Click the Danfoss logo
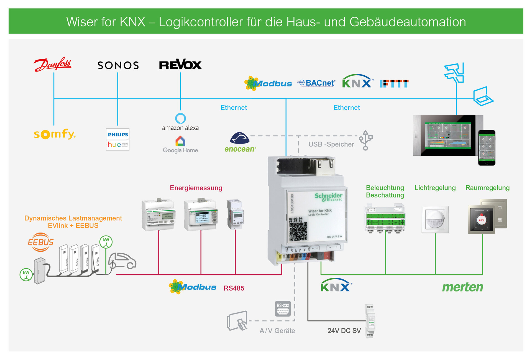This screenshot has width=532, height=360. (x=53, y=64)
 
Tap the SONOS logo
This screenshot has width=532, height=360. (x=118, y=65)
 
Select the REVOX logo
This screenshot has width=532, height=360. (x=180, y=65)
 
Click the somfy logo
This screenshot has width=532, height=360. (x=54, y=134)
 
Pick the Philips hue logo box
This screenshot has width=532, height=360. (x=118, y=139)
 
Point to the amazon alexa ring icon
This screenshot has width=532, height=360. (x=180, y=118)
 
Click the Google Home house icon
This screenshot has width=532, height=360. (x=180, y=141)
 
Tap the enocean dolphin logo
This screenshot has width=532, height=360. (x=240, y=138)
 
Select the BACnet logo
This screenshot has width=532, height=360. (x=316, y=83)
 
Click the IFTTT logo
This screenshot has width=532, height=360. (x=394, y=83)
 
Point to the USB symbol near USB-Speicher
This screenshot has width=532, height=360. (x=365, y=140)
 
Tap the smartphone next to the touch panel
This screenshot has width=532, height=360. (x=487, y=148)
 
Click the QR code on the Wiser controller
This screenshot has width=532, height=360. (x=298, y=231)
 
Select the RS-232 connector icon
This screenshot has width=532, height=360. (x=283, y=309)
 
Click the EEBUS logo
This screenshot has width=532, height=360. (x=41, y=242)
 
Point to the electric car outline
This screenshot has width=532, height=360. (x=122, y=261)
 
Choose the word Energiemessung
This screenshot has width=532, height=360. (x=196, y=188)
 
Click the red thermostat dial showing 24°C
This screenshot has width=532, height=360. (x=482, y=220)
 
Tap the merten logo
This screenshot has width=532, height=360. (x=462, y=287)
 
